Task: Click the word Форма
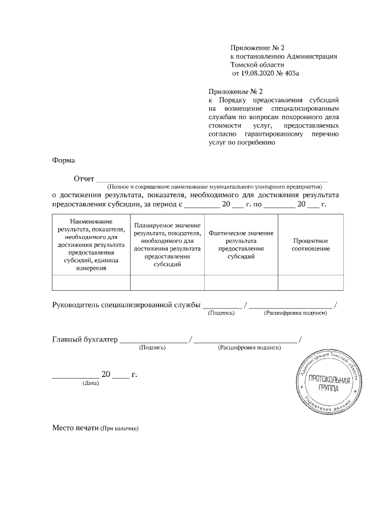(63, 160)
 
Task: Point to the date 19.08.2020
(257, 74)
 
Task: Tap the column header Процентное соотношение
(311, 244)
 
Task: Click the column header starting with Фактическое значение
(241, 244)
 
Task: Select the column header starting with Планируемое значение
(167, 244)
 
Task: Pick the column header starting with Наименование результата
(91, 244)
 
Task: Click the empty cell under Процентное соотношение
(311, 282)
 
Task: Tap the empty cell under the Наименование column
(91, 282)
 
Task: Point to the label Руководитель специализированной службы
(127, 304)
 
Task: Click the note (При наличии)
(120, 428)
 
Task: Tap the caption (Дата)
(91, 383)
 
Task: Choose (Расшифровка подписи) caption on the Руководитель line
(295, 312)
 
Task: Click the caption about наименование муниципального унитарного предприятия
(215, 186)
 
